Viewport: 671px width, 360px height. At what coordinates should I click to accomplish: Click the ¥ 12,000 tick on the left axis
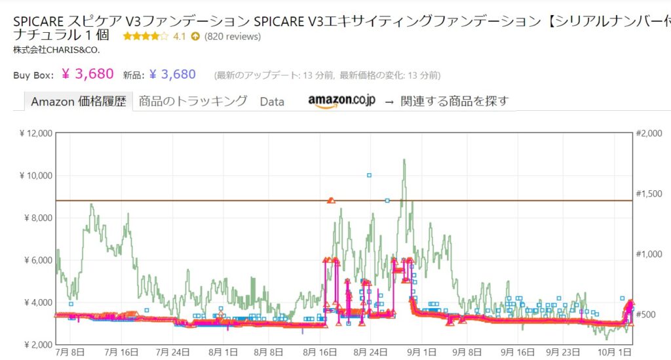[x=35, y=134]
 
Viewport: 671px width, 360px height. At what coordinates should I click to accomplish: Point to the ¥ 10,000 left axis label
[x=35, y=176]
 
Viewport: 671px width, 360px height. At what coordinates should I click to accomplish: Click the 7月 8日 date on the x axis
[x=71, y=353]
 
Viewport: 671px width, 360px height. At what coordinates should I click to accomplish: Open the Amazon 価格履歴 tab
[x=78, y=102]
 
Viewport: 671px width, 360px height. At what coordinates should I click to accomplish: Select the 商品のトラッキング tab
[x=193, y=101]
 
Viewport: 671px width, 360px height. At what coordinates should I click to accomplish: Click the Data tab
[x=272, y=102]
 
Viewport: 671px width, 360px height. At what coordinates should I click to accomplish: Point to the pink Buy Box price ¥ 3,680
[x=88, y=73]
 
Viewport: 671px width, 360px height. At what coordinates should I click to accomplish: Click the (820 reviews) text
[x=233, y=37]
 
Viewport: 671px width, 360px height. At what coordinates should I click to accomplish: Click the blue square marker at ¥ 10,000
[x=370, y=175]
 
